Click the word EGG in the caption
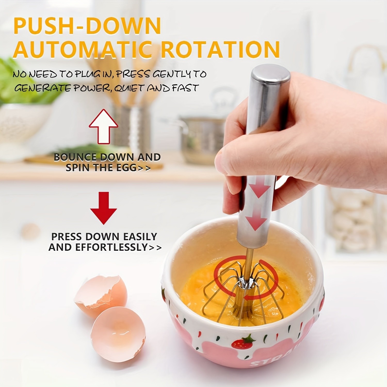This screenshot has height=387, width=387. tap(126, 168)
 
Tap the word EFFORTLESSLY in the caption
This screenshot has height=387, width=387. tap(111, 247)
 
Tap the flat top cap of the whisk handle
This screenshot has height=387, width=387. tap(271, 74)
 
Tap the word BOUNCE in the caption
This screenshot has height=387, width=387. tap(75, 157)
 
